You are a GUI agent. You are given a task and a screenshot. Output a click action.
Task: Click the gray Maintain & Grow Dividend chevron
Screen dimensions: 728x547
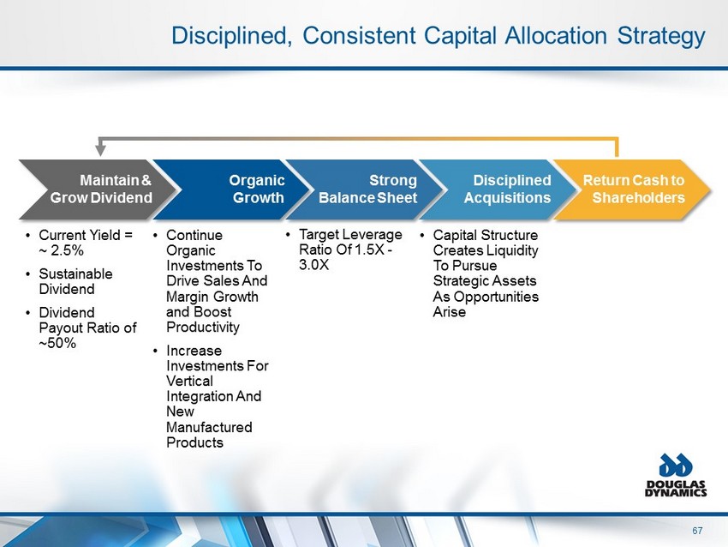point(98,189)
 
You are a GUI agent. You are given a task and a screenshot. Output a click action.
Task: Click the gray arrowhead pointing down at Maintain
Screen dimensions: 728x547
point(100,150)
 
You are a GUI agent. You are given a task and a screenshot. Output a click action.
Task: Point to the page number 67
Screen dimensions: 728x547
point(697,531)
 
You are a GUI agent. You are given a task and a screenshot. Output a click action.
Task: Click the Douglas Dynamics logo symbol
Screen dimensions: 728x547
point(676,466)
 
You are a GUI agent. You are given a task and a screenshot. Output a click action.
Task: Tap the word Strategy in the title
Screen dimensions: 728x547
point(661,36)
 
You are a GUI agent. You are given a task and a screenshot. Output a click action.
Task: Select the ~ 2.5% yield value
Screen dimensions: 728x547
point(62,250)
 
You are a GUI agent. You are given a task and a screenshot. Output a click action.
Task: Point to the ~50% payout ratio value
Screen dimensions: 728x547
point(57,343)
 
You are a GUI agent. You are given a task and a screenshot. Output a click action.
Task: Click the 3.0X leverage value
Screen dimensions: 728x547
point(313,265)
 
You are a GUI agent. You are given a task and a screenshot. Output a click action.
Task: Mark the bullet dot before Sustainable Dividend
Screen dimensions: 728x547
point(29,274)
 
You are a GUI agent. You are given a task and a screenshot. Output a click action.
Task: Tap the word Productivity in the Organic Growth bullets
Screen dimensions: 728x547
point(203,328)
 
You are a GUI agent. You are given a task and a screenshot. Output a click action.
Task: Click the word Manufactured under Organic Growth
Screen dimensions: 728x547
point(209,427)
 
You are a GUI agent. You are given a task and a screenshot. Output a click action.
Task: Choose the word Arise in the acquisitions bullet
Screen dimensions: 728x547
point(450,312)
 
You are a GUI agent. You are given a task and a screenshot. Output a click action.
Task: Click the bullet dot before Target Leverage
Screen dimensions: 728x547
point(289,235)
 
